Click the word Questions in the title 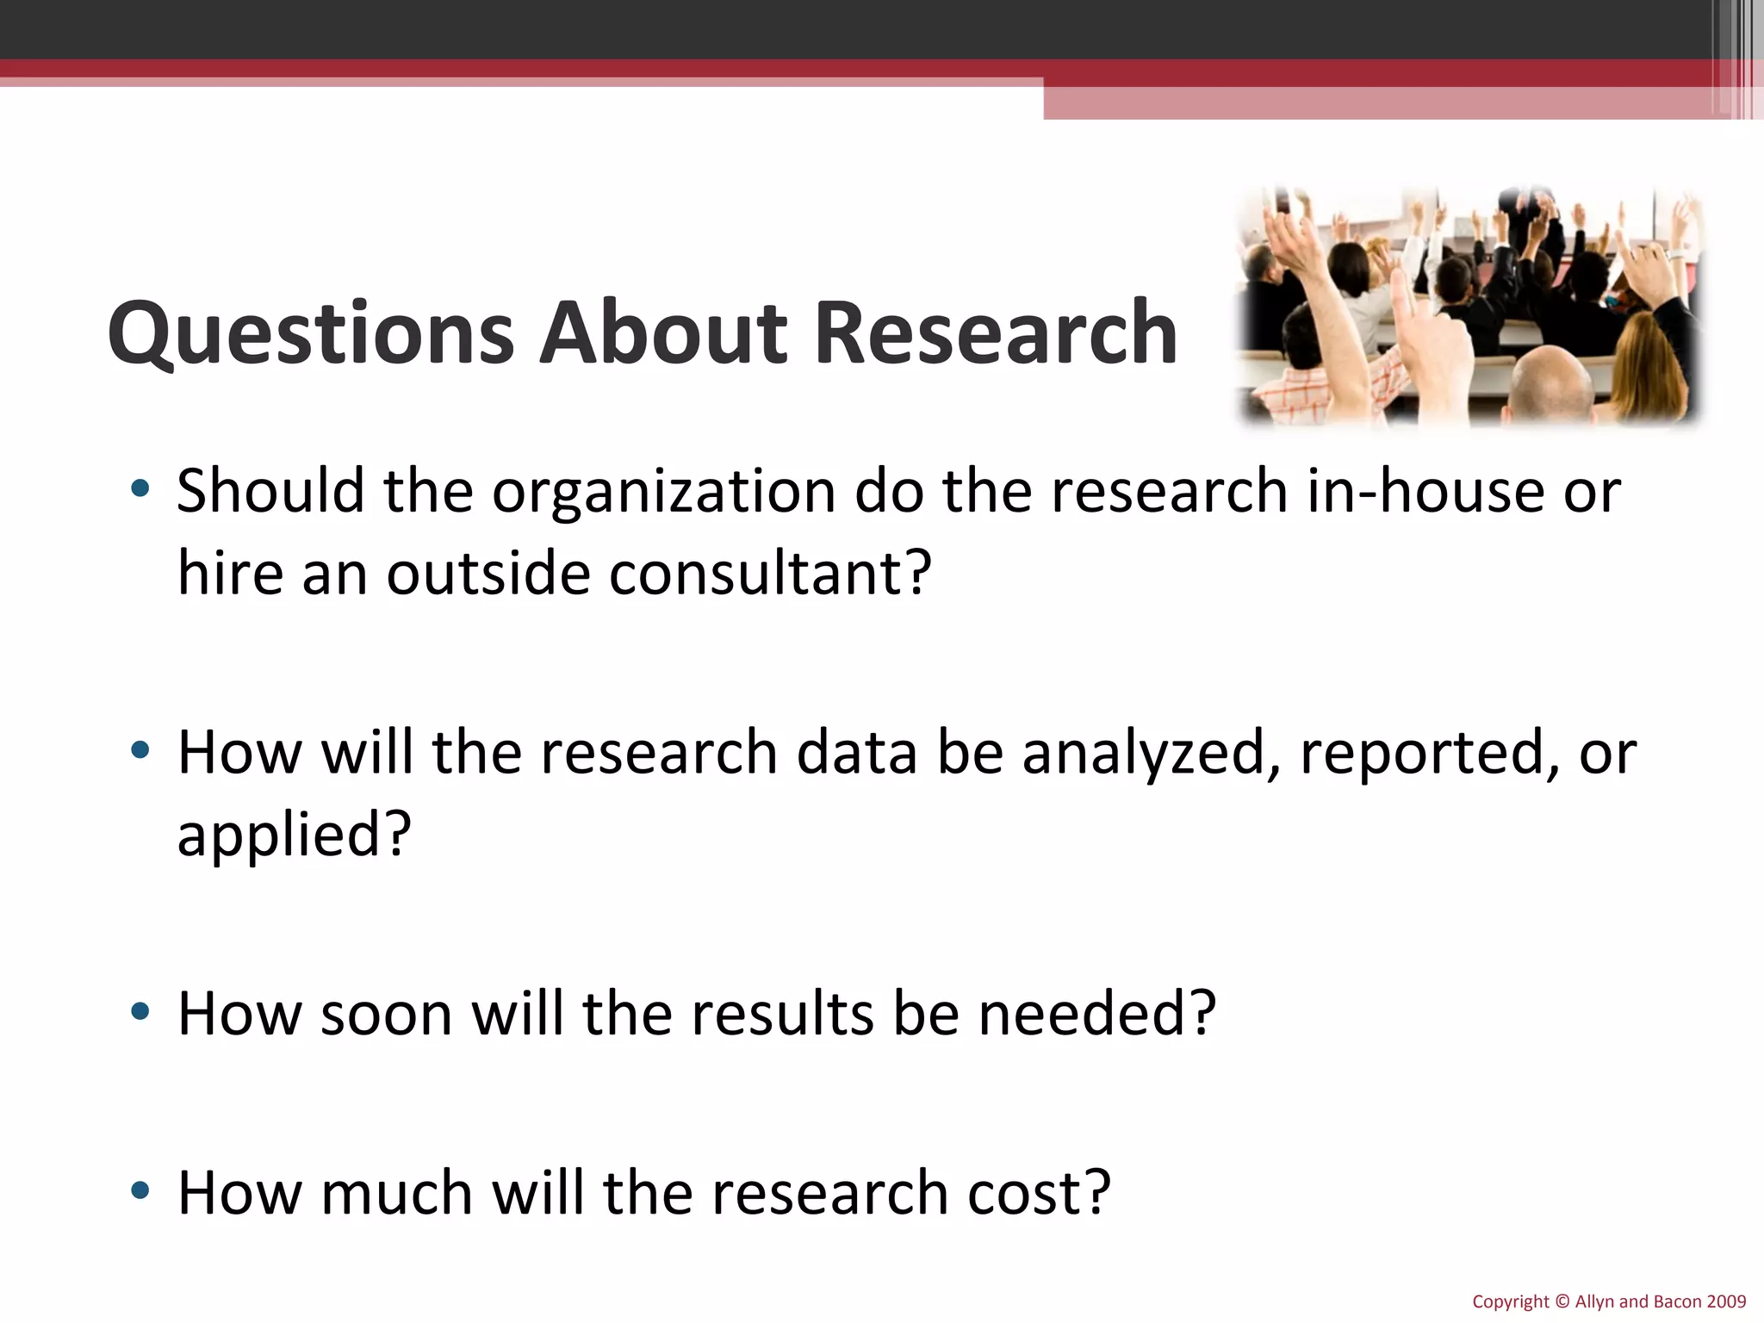(310, 334)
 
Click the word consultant (770, 574)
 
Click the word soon (387, 1015)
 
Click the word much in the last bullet (396, 1194)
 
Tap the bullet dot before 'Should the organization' (140, 489)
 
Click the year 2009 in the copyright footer (1726, 1302)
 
